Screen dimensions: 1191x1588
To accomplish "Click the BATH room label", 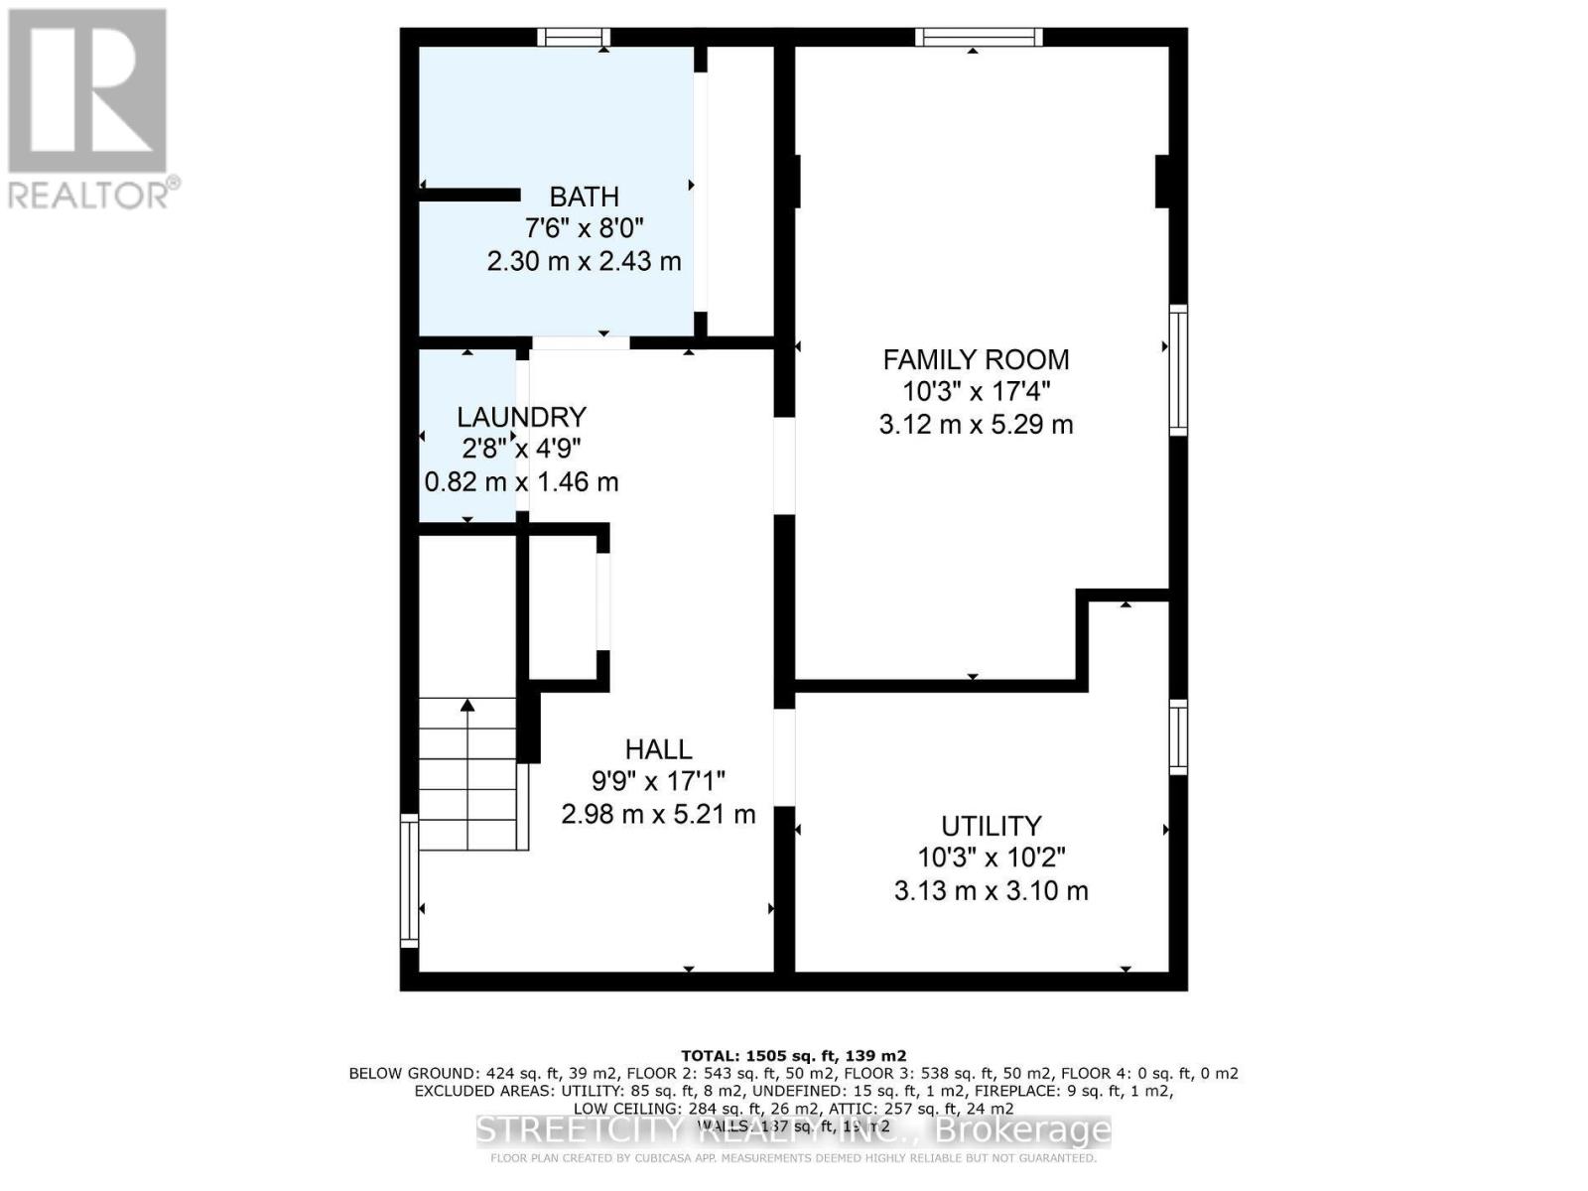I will pyautogui.click(x=584, y=197).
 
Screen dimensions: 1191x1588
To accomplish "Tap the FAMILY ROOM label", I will pyautogui.click(x=976, y=359).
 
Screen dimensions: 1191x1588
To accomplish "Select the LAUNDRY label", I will pyautogui.click(x=521, y=417).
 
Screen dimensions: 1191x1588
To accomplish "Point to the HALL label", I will pyautogui.click(x=658, y=749).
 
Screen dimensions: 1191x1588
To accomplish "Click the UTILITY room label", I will pyautogui.click(x=991, y=826).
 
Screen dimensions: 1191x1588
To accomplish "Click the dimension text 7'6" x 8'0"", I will pyautogui.click(x=584, y=228).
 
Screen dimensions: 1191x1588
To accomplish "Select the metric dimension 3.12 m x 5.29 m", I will pyautogui.click(x=976, y=425).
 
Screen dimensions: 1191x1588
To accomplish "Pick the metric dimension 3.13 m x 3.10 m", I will pyautogui.click(x=991, y=890).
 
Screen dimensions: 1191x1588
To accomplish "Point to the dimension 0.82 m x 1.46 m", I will pyautogui.click(x=521, y=482).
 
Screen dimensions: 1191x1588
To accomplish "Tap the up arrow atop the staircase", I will pyautogui.click(x=467, y=706).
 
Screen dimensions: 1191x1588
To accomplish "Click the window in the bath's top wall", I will pyautogui.click(x=574, y=38).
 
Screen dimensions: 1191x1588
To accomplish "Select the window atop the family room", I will pyautogui.click(x=978, y=38).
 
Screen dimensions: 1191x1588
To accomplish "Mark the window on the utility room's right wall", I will pyautogui.click(x=1178, y=736).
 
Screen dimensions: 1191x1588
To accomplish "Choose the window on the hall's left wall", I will pyautogui.click(x=408, y=880).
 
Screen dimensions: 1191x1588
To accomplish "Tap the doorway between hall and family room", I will pyautogui.click(x=784, y=465).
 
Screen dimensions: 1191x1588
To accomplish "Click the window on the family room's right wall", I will pyautogui.click(x=1178, y=370).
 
